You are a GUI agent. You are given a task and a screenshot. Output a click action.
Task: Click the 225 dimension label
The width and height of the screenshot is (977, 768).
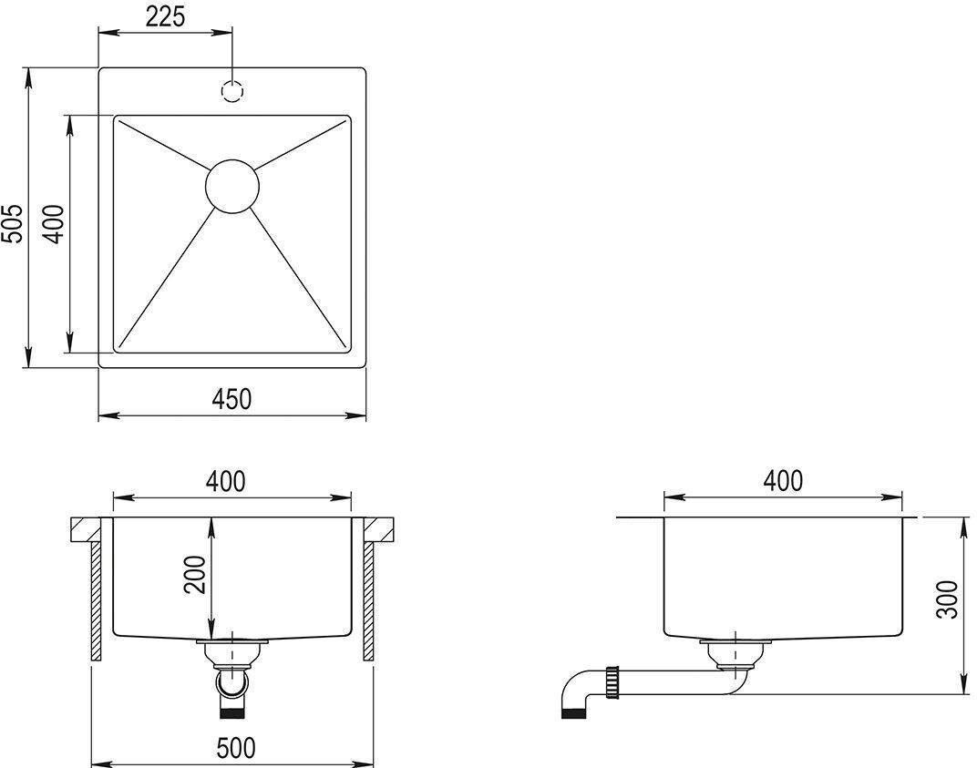166,16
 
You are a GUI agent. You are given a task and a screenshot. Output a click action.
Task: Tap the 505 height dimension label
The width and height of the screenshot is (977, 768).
13,223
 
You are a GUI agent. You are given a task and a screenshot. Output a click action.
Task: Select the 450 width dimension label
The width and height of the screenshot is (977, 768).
231,399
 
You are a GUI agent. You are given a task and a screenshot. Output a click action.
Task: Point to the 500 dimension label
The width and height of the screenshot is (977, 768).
237,747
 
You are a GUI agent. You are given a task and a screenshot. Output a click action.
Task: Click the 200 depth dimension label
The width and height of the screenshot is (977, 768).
196,575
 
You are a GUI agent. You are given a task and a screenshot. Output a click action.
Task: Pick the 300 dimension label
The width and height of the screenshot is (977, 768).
948,599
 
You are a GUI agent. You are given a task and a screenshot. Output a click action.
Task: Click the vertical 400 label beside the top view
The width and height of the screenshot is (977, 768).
54,224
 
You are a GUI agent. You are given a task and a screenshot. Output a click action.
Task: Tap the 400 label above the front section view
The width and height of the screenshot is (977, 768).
225,481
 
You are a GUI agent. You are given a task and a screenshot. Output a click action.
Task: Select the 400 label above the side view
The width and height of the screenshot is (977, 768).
783,481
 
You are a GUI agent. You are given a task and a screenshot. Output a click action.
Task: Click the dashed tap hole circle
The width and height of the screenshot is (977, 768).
232,92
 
